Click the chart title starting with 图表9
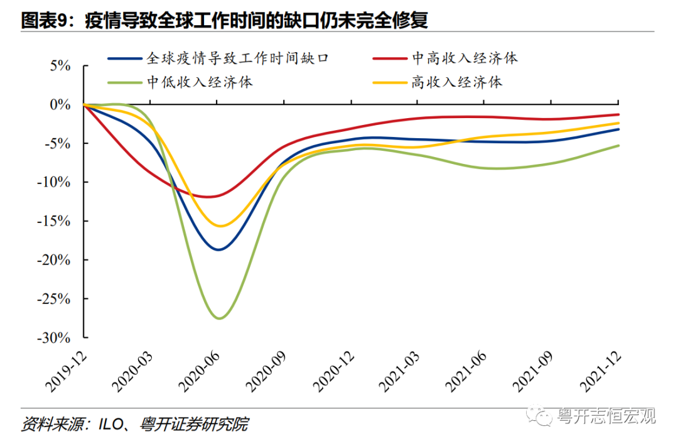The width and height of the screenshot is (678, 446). (x=224, y=20)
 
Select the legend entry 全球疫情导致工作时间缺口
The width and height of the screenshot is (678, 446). (x=237, y=58)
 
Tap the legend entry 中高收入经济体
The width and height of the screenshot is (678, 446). (x=465, y=58)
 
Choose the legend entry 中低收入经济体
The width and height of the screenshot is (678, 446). (x=200, y=82)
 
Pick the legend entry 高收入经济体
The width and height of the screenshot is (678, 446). (x=457, y=82)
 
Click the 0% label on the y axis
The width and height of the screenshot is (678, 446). (x=61, y=104)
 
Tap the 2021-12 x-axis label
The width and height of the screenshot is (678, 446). (x=600, y=371)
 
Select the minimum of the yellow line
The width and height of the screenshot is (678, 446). (x=220, y=226)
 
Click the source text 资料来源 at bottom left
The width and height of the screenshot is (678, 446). (x=134, y=425)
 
